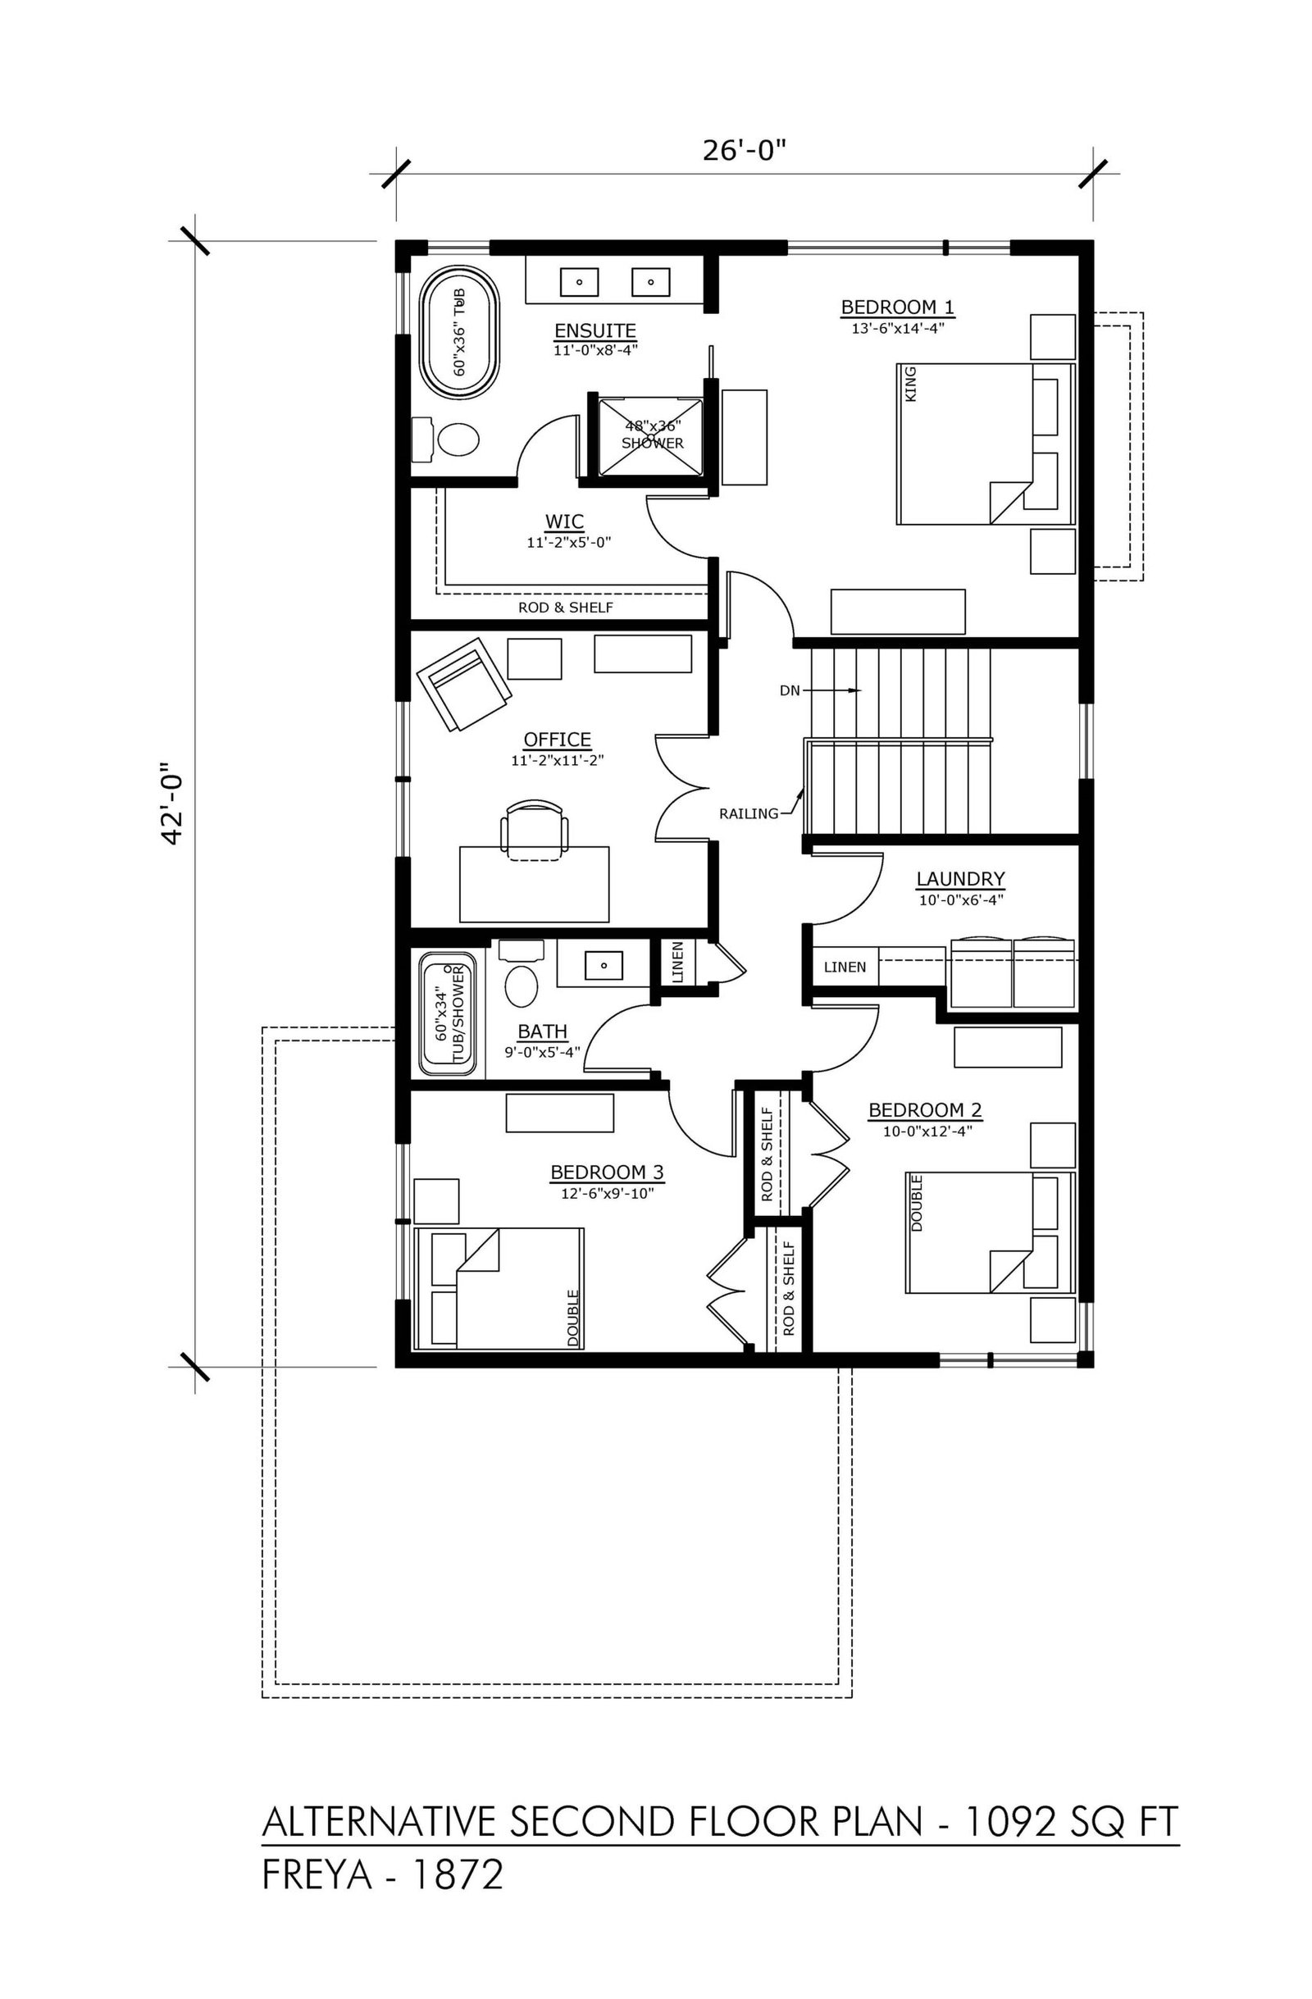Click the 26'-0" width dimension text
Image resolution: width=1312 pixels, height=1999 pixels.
tap(744, 151)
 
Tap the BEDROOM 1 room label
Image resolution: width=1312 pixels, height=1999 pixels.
tap(898, 307)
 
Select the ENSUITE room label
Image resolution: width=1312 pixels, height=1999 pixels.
tap(595, 330)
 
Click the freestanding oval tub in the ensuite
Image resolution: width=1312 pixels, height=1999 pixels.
tap(458, 334)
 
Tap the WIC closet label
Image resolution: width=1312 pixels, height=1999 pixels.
tap(564, 521)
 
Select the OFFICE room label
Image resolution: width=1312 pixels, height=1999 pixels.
tap(558, 739)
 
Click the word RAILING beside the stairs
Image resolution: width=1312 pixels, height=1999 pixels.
tap(749, 813)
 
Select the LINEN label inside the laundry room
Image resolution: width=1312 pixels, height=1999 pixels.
tap(845, 967)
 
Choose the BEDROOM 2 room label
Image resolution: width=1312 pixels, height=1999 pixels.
tap(925, 1110)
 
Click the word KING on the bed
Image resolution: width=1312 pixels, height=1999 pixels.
tap(912, 383)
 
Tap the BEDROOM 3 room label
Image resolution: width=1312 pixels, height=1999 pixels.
tap(608, 1172)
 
